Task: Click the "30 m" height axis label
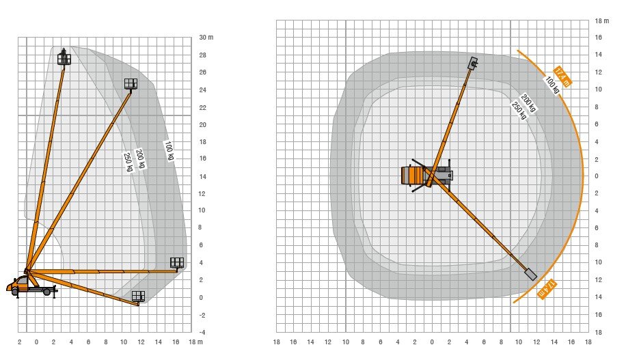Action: coord(206,38)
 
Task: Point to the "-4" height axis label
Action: coord(202,333)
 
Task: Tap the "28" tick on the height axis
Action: coord(203,55)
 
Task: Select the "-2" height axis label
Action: coord(202,316)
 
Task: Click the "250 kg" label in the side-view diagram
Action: coord(128,162)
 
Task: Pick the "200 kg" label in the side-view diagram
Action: coord(140,159)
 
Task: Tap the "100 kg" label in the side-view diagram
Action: coord(169,150)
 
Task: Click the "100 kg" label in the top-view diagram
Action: coord(552,85)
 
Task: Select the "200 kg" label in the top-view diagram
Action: coord(528,102)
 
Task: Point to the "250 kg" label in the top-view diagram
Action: coord(519,110)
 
